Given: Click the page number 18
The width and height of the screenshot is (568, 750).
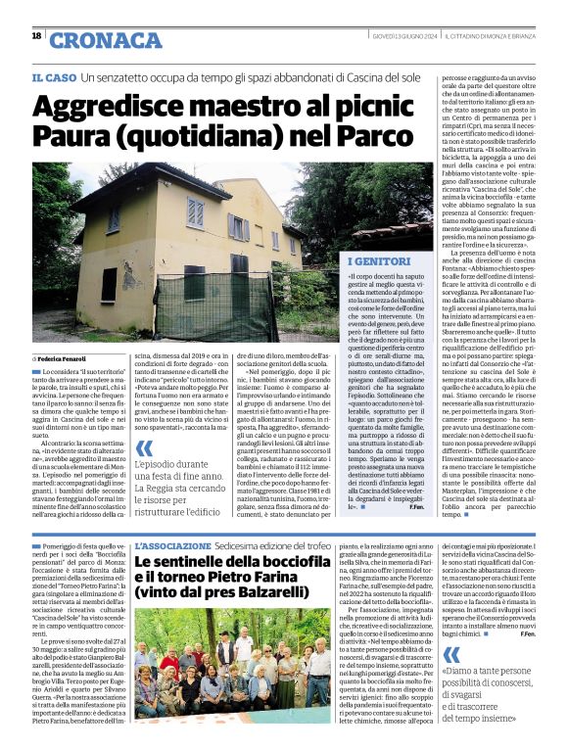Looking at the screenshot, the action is (x=36, y=35).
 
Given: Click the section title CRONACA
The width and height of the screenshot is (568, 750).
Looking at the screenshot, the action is (x=106, y=40).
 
